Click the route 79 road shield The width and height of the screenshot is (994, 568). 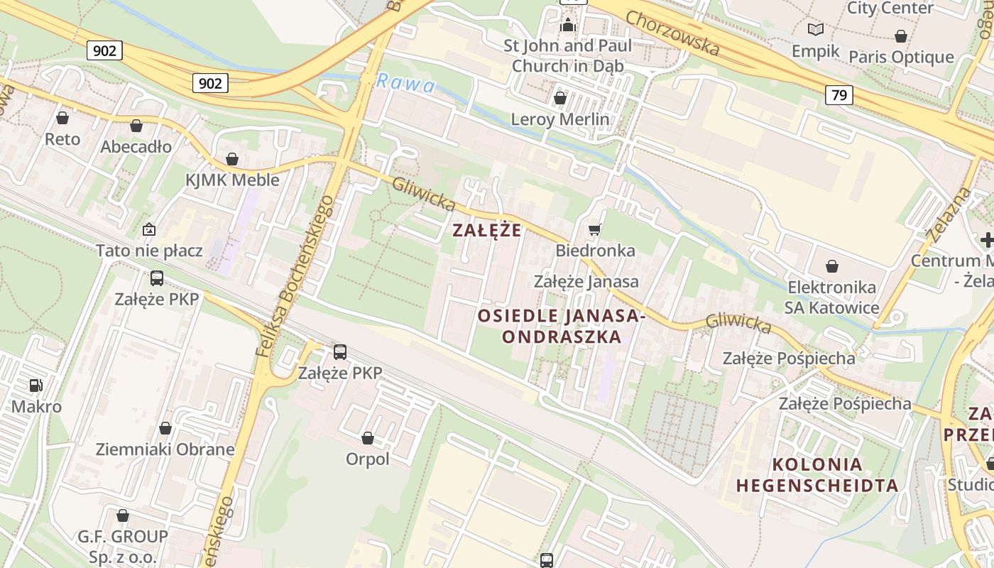tap(839, 94)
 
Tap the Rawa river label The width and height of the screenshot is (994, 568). tap(405, 83)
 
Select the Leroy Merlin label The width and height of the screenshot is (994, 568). tap(560, 119)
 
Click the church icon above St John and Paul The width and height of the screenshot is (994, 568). tap(567, 25)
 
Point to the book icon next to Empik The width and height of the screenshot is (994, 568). tap(816, 29)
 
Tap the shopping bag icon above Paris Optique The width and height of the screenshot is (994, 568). tap(901, 35)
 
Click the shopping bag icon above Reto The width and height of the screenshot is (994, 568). tap(62, 118)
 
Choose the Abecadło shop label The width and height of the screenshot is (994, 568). tap(136, 146)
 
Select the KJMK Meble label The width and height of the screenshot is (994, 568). tap(232, 180)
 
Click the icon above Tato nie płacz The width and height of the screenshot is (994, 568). tap(149, 229)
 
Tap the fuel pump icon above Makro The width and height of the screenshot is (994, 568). tap(35, 386)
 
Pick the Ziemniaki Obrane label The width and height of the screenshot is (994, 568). tap(165, 449)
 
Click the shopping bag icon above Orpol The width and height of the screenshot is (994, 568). tap(368, 438)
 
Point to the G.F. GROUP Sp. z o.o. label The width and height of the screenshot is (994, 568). tap(123, 545)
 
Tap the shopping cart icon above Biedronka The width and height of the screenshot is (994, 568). tap(595, 229)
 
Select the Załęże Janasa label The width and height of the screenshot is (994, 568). tap(586, 281)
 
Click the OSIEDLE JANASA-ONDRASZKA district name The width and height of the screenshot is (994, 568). tap(562, 326)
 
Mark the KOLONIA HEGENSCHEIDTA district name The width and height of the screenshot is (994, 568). tap(817, 475)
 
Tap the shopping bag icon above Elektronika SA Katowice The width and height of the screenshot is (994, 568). tap(832, 266)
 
